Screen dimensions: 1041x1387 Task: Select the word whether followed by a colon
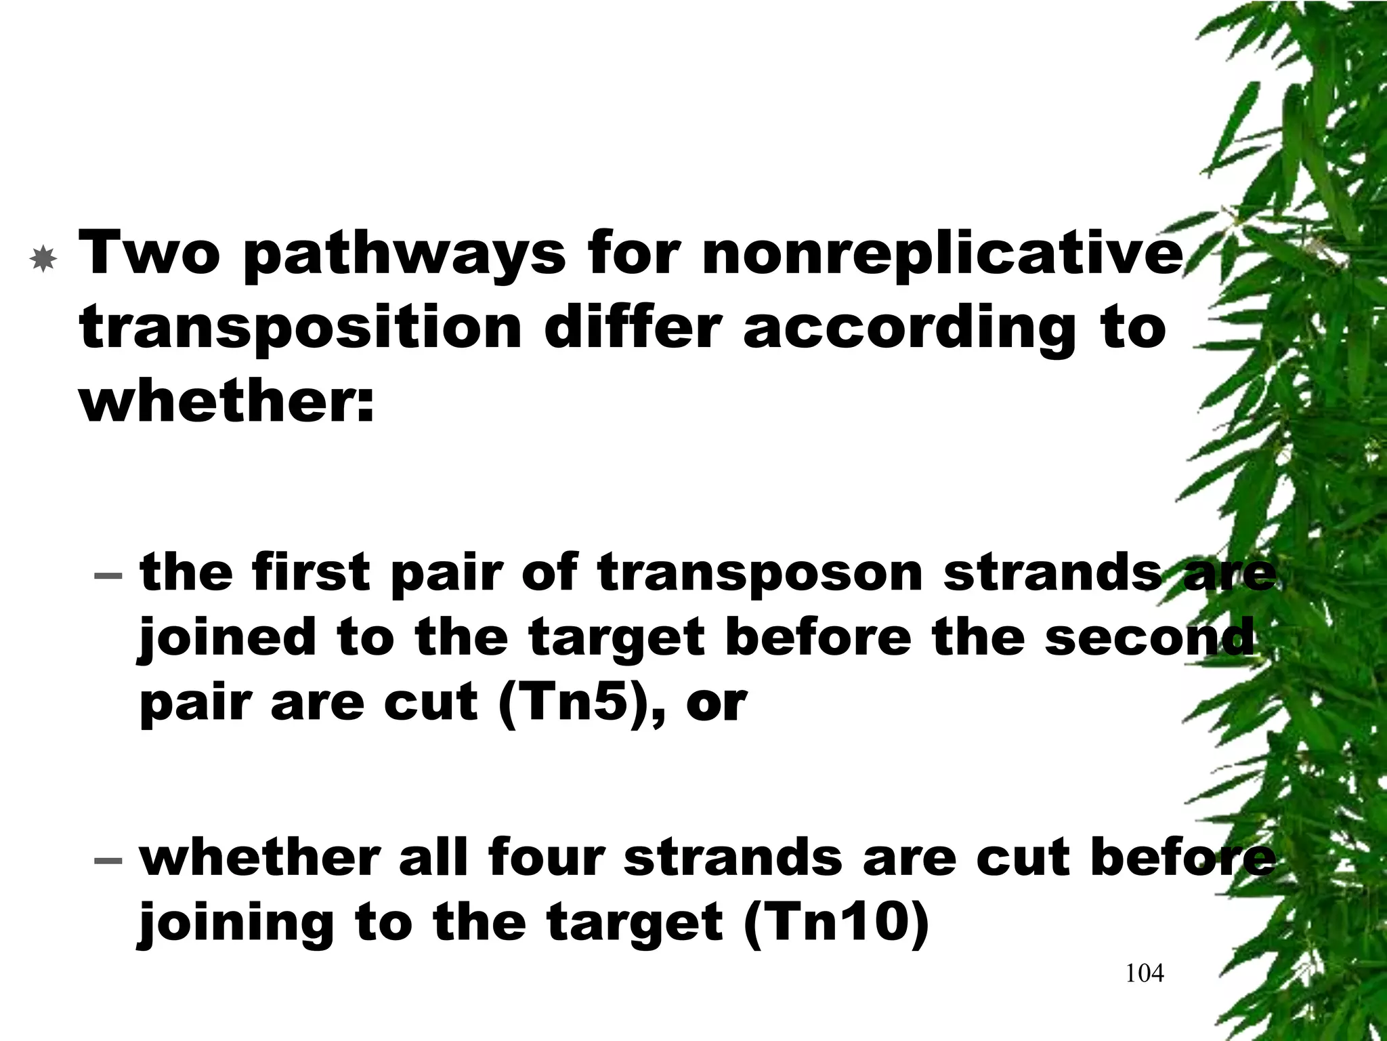(227, 401)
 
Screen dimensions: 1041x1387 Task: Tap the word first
(311, 573)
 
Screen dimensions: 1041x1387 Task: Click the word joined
(227, 639)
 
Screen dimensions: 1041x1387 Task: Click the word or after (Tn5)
(717, 705)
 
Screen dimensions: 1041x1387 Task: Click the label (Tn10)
(836, 922)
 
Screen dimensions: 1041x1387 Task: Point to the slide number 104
(1145, 974)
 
